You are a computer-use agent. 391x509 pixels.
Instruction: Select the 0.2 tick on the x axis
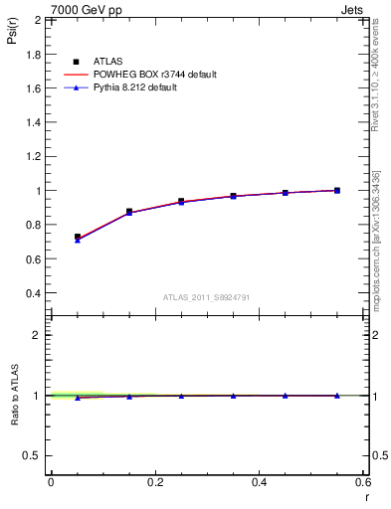pos(155,482)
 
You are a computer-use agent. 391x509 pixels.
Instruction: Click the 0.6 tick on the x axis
pos(363,482)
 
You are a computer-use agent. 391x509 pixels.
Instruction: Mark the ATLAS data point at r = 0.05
pos(78,238)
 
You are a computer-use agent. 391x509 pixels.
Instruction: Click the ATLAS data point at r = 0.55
pos(337,190)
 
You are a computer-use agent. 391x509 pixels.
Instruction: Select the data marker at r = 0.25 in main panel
pos(181,201)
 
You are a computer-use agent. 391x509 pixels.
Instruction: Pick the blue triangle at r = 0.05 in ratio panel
pos(78,398)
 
